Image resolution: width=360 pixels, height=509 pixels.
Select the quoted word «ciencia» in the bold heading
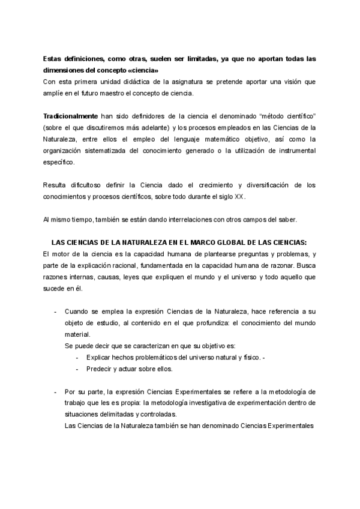[143, 70]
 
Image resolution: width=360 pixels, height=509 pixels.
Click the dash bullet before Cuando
[56, 313]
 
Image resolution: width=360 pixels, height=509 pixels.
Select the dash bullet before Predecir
[77, 369]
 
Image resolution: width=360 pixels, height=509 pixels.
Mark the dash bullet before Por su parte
[56, 391]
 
